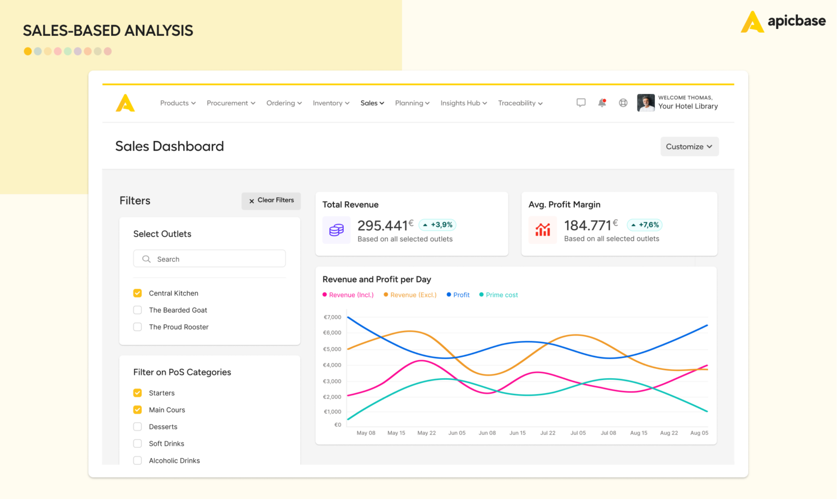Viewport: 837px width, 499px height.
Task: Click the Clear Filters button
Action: pos(271,200)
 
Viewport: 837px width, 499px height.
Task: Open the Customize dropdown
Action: pos(689,146)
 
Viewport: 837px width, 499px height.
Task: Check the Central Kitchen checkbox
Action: pos(137,293)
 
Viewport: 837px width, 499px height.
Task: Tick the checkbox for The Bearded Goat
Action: pos(137,310)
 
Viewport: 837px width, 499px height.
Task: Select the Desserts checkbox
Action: pos(137,427)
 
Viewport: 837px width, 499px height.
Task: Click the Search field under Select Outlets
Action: pos(209,259)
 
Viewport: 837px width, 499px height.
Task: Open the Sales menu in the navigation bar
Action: pos(372,103)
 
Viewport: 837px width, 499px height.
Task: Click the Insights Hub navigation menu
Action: pos(463,103)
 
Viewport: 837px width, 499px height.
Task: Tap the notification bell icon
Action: pos(602,103)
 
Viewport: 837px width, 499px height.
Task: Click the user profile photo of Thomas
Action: pos(646,103)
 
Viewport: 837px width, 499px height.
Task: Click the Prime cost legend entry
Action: pos(499,295)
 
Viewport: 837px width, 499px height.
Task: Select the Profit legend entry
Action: pos(458,295)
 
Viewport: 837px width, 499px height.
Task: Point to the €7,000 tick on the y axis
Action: pos(332,317)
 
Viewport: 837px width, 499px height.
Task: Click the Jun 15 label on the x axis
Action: pos(518,433)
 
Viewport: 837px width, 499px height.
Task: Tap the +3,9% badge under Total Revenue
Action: pos(438,225)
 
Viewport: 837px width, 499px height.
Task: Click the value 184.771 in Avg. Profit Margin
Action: pos(587,225)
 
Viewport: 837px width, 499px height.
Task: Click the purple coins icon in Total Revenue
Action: pos(336,230)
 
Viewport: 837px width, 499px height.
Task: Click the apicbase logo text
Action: pos(796,21)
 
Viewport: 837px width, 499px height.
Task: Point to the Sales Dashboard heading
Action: pos(169,146)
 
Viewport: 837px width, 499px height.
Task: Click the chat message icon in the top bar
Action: pos(581,103)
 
